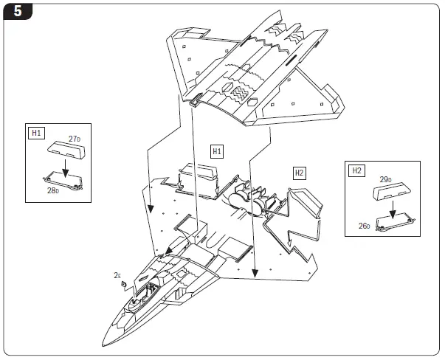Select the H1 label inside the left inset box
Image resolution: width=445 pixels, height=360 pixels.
(x=36, y=134)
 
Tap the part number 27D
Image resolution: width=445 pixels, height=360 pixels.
(x=74, y=139)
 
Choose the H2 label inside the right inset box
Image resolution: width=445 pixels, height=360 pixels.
(x=356, y=170)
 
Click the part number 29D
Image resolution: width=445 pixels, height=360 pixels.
(x=386, y=179)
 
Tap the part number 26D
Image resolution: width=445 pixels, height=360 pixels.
(x=365, y=226)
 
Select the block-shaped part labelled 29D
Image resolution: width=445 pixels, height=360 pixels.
(x=391, y=191)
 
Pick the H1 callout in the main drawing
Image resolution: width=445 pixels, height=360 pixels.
(x=217, y=151)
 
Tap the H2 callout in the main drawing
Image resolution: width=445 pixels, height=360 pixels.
(x=299, y=173)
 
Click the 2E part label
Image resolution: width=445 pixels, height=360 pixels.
(x=117, y=275)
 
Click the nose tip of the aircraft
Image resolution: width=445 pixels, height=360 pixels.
(x=104, y=342)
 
